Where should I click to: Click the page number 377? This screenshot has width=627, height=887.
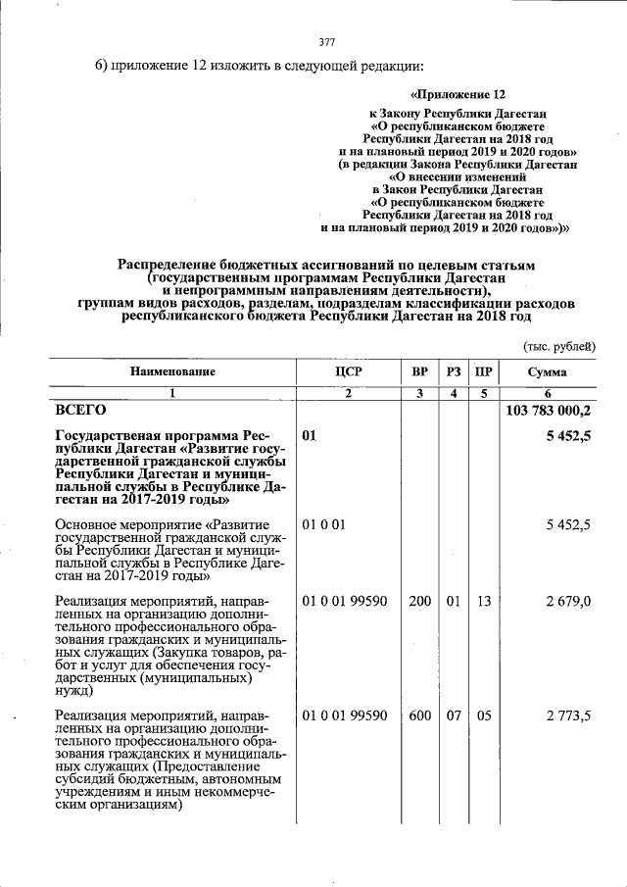point(327,41)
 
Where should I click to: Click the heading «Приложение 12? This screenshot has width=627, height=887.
point(458,95)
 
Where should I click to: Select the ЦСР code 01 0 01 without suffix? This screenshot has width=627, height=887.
point(323,525)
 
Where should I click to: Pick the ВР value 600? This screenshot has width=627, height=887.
point(419,716)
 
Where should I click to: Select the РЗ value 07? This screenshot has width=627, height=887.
point(452,716)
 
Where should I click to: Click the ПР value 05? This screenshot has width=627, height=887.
point(482,716)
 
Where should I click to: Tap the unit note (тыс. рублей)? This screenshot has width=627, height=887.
point(557,345)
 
